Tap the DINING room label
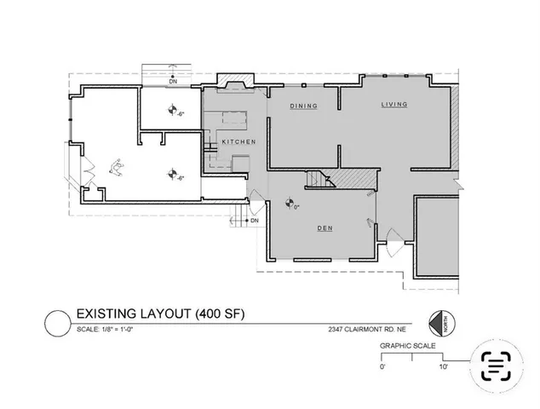point(303,107)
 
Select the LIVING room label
point(394,104)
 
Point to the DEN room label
point(325,228)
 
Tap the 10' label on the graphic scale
point(444,366)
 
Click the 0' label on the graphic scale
point(382,366)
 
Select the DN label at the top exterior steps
point(172,81)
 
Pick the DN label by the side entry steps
point(254,221)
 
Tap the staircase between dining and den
point(319,180)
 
